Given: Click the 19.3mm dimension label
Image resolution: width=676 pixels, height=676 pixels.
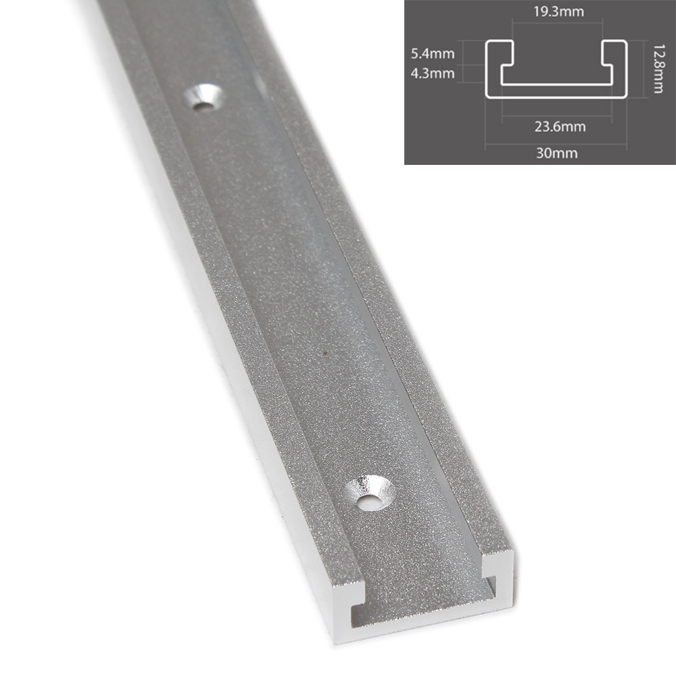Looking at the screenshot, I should click(x=557, y=11).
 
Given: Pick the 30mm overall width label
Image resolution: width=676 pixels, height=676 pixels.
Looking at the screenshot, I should click(x=556, y=153).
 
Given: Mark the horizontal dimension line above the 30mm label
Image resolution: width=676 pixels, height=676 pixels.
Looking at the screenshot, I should click(x=556, y=143).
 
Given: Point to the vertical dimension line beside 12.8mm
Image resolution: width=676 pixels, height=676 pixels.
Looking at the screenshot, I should click(x=640, y=68).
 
